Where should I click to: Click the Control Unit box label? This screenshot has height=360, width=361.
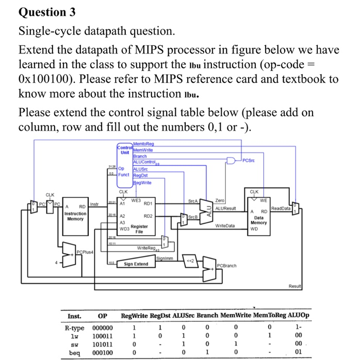click(125, 150)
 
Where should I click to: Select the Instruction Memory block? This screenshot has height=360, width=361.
click(75, 216)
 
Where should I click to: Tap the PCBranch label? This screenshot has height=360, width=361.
click(227, 266)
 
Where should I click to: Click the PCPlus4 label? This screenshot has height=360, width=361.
click(85, 251)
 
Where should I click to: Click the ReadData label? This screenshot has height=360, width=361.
click(281, 208)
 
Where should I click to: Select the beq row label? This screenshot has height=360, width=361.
click(74, 352)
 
